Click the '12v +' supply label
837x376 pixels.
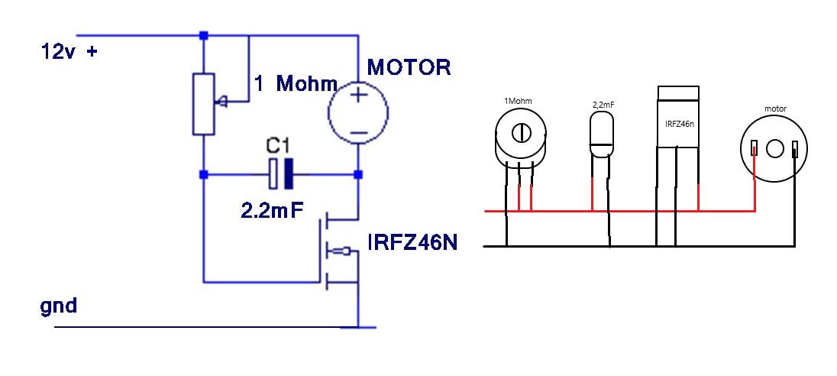[x=69, y=52]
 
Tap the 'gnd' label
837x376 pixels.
[x=59, y=306]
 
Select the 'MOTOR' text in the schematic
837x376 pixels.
[x=409, y=68]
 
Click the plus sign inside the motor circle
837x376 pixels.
[x=358, y=96]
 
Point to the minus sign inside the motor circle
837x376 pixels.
[x=358, y=133]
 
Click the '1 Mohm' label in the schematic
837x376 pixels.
[x=296, y=83]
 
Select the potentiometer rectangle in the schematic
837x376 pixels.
[x=203, y=104]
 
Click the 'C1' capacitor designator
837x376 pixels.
[x=280, y=147]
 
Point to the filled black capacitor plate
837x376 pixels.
[x=289, y=174]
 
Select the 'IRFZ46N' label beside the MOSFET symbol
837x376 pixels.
[x=412, y=243]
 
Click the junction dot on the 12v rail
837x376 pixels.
[x=203, y=36]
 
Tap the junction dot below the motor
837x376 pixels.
[x=358, y=175]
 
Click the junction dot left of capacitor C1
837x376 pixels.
[x=203, y=175]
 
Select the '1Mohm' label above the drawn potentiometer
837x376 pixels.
[x=518, y=101]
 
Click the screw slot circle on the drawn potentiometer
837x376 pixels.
[x=521, y=132]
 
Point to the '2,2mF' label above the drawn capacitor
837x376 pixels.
[x=603, y=105]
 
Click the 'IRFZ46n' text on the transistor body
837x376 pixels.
[x=678, y=125]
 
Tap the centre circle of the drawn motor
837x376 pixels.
[x=774, y=149]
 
